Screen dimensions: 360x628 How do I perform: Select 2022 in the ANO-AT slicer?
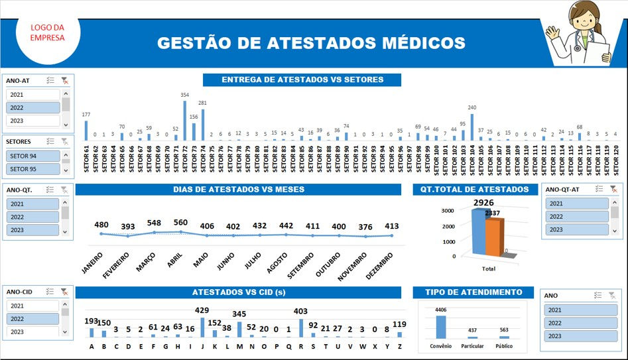33,107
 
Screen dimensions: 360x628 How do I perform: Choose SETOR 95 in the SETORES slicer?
33,169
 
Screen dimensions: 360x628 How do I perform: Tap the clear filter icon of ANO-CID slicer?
64,291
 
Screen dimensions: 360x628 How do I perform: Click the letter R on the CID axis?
301,345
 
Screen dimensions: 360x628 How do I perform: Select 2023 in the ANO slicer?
576,335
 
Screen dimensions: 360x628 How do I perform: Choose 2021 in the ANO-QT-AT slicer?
576,204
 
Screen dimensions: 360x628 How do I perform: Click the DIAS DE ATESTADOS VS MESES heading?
239,190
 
